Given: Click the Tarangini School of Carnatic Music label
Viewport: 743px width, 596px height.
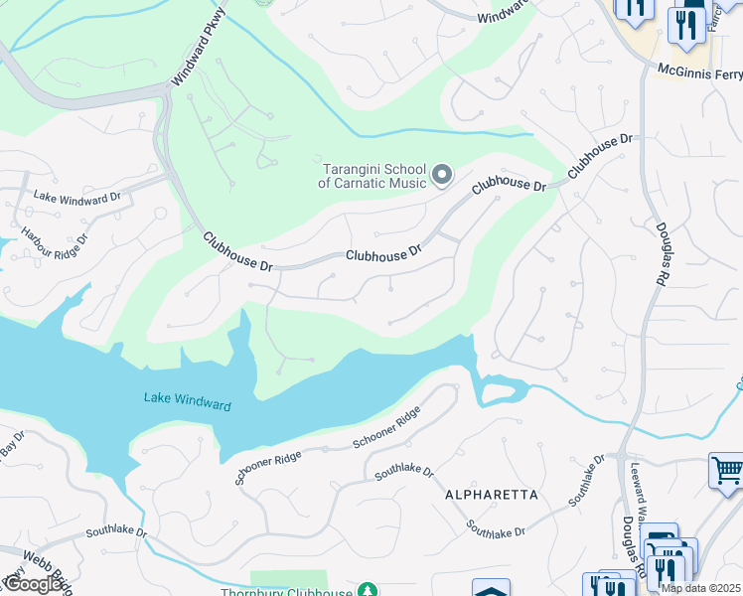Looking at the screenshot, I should click(x=372, y=176).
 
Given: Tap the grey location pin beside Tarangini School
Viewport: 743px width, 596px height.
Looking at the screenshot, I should click(x=442, y=177).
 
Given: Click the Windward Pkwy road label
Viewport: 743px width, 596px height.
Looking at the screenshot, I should click(x=200, y=46).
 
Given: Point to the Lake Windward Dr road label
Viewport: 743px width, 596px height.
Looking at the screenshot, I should click(x=76, y=197).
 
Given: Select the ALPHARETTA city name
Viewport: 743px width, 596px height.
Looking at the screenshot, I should click(x=491, y=495).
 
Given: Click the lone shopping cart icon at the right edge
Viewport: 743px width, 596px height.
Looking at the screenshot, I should click(x=727, y=469).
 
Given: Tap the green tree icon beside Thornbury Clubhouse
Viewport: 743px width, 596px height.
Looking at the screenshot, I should click(x=368, y=591).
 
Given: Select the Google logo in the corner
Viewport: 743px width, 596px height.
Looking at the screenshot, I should click(x=33, y=584).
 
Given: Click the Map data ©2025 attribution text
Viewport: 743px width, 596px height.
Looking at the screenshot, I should click(x=700, y=588).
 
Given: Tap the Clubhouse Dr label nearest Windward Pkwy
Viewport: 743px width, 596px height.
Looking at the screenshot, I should click(x=237, y=253).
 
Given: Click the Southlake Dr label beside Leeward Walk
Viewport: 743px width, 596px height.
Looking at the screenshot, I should click(x=587, y=482).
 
